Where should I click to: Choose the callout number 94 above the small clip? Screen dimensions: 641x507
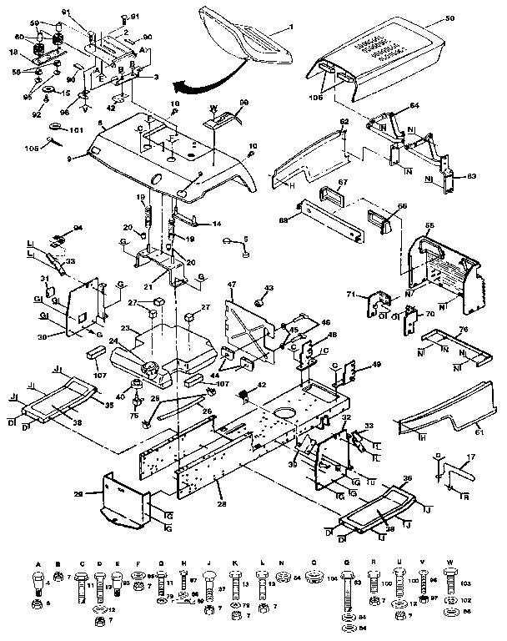(x=78, y=227)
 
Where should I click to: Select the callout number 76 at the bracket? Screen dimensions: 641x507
(x=464, y=329)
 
